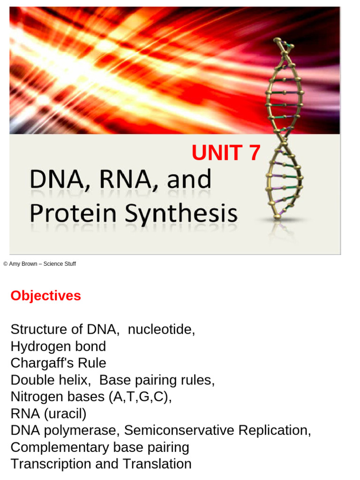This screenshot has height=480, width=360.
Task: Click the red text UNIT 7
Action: coord(225,153)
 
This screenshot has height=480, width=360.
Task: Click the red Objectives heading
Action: coord(45,296)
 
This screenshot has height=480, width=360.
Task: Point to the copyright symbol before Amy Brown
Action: coord(5,264)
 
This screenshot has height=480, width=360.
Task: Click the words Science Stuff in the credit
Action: coord(60,264)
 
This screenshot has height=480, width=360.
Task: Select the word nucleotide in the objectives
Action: coord(161,330)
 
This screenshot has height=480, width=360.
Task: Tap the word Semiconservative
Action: coord(180,430)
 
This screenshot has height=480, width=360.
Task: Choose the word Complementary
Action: coord(60,447)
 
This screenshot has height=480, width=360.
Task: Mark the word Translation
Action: coord(157,464)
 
